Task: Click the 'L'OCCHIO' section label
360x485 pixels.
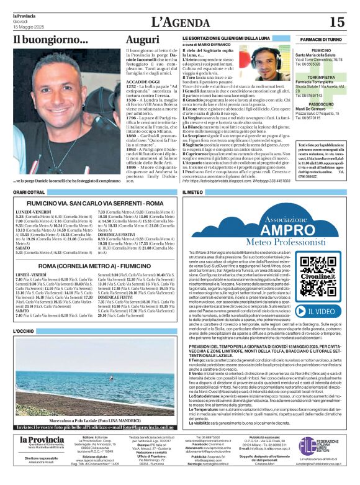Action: click(24, 332)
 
